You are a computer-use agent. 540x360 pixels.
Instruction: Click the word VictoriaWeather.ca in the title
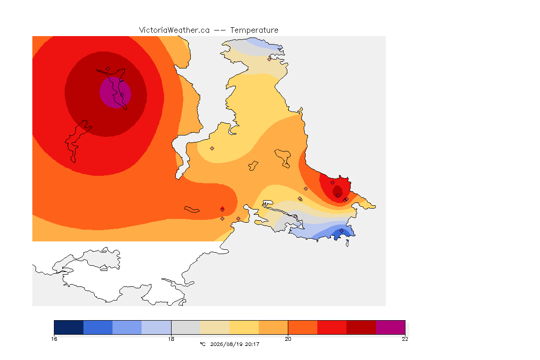tap(174, 30)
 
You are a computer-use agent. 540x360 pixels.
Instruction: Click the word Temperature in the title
tap(254, 30)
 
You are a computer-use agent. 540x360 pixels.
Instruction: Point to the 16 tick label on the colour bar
tap(54, 339)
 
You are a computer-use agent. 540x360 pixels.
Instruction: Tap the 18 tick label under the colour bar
tap(171, 339)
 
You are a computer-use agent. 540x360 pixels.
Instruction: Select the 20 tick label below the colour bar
tap(288, 339)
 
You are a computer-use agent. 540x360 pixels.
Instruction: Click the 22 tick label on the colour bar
tap(405, 339)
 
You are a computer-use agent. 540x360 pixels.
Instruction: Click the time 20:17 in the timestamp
tap(252, 344)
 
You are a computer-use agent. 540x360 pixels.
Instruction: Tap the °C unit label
tap(202, 344)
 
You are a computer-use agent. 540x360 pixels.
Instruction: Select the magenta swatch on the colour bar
tap(390, 327)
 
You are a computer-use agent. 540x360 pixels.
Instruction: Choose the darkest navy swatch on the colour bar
tap(68, 327)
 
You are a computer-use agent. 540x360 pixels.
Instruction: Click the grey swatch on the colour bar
tap(186, 327)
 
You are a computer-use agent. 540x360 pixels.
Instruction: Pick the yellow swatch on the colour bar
tap(244, 327)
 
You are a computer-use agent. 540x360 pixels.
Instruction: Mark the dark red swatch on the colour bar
tap(361, 327)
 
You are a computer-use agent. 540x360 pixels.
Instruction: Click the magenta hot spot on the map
tap(115, 92)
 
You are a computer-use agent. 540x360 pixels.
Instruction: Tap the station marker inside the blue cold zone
tap(341, 231)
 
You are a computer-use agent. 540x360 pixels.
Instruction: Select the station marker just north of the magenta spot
tap(108, 69)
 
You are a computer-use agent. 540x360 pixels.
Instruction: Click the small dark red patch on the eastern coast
tap(337, 191)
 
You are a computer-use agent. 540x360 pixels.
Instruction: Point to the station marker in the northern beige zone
tap(270, 59)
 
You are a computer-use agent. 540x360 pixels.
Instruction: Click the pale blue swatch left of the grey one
tap(157, 327)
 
